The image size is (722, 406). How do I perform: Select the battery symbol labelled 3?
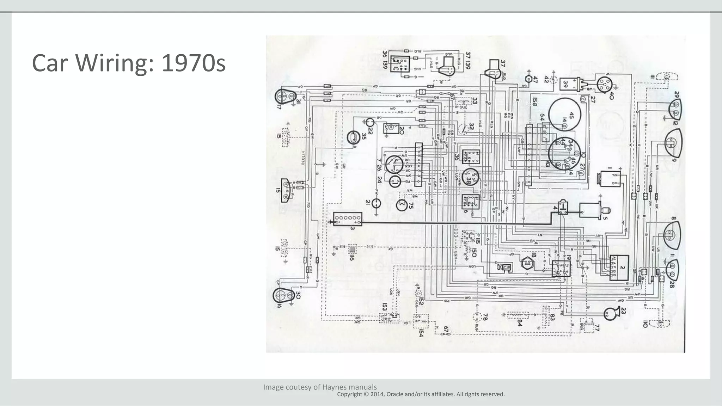coord(348,219)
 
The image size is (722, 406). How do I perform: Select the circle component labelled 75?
coord(402,205)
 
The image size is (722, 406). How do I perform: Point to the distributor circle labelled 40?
coord(604,84)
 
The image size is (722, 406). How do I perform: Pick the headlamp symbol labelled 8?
coord(672,234)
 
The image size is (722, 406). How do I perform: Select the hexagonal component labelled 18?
coord(527,263)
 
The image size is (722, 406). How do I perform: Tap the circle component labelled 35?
coord(353,137)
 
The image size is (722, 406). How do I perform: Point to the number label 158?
coord(534,102)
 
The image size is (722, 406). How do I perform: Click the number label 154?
coord(421,333)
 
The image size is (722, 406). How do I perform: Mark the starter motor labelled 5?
coord(591,211)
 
